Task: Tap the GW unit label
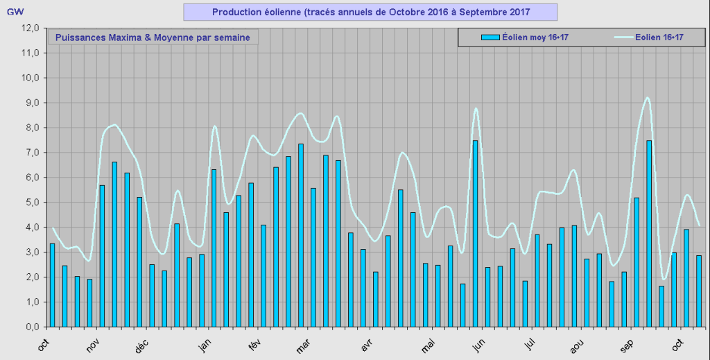pyautogui.click(x=15, y=12)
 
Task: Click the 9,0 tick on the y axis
pyautogui.click(x=31, y=103)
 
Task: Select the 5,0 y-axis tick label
pyautogui.click(x=31, y=203)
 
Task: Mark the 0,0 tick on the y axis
pyautogui.click(x=31, y=327)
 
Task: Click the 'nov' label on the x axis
pyautogui.click(x=92, y=345)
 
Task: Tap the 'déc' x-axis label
pyautogui.click(x=142, y=345)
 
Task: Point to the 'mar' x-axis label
pyautogui.click(x=303, y=345)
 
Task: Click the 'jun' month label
pyautogui.click(x=478, y=344)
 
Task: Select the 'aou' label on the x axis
pyautogui.click(x=577, y=345)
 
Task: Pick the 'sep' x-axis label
pyautogui.click(x=627, y=345)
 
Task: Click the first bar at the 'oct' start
pyautogui.click(x=52, y=285)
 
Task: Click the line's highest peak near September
pyautogui.click(x=648, y=98)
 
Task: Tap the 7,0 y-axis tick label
pyautogui.click(x=31, y=153)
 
